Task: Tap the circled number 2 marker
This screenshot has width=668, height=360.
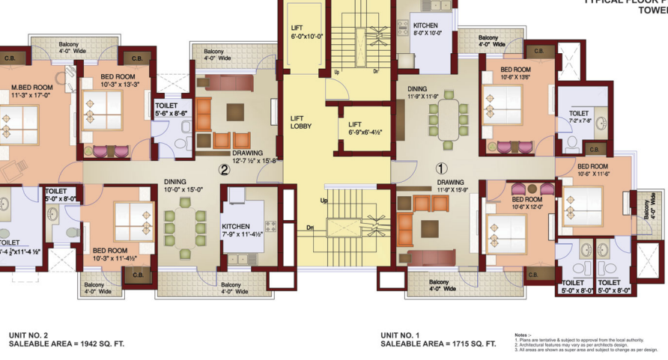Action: click(223, 170)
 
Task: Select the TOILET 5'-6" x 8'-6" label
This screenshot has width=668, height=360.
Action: click(171, 110)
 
